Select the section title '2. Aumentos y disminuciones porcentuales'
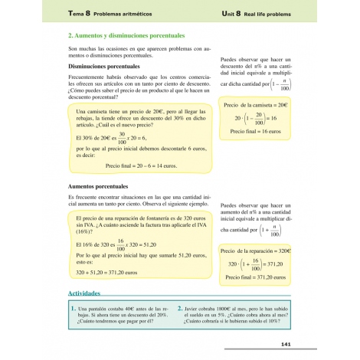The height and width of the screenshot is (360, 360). click(x=126, y=36)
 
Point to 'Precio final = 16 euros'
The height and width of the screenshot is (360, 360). click(x=255, y=132)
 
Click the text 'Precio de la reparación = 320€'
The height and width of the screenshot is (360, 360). click(x=255, y=250)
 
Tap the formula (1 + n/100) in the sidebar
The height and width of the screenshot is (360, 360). click(x=279, y=227)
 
